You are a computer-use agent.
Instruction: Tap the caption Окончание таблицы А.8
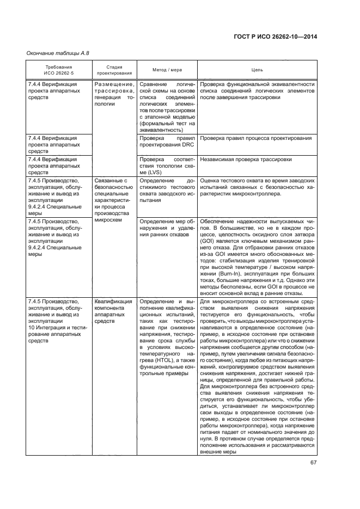click(58, 53)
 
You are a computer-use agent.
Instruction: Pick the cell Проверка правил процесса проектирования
click(255, 138)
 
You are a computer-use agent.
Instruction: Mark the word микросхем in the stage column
click(109, 221)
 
